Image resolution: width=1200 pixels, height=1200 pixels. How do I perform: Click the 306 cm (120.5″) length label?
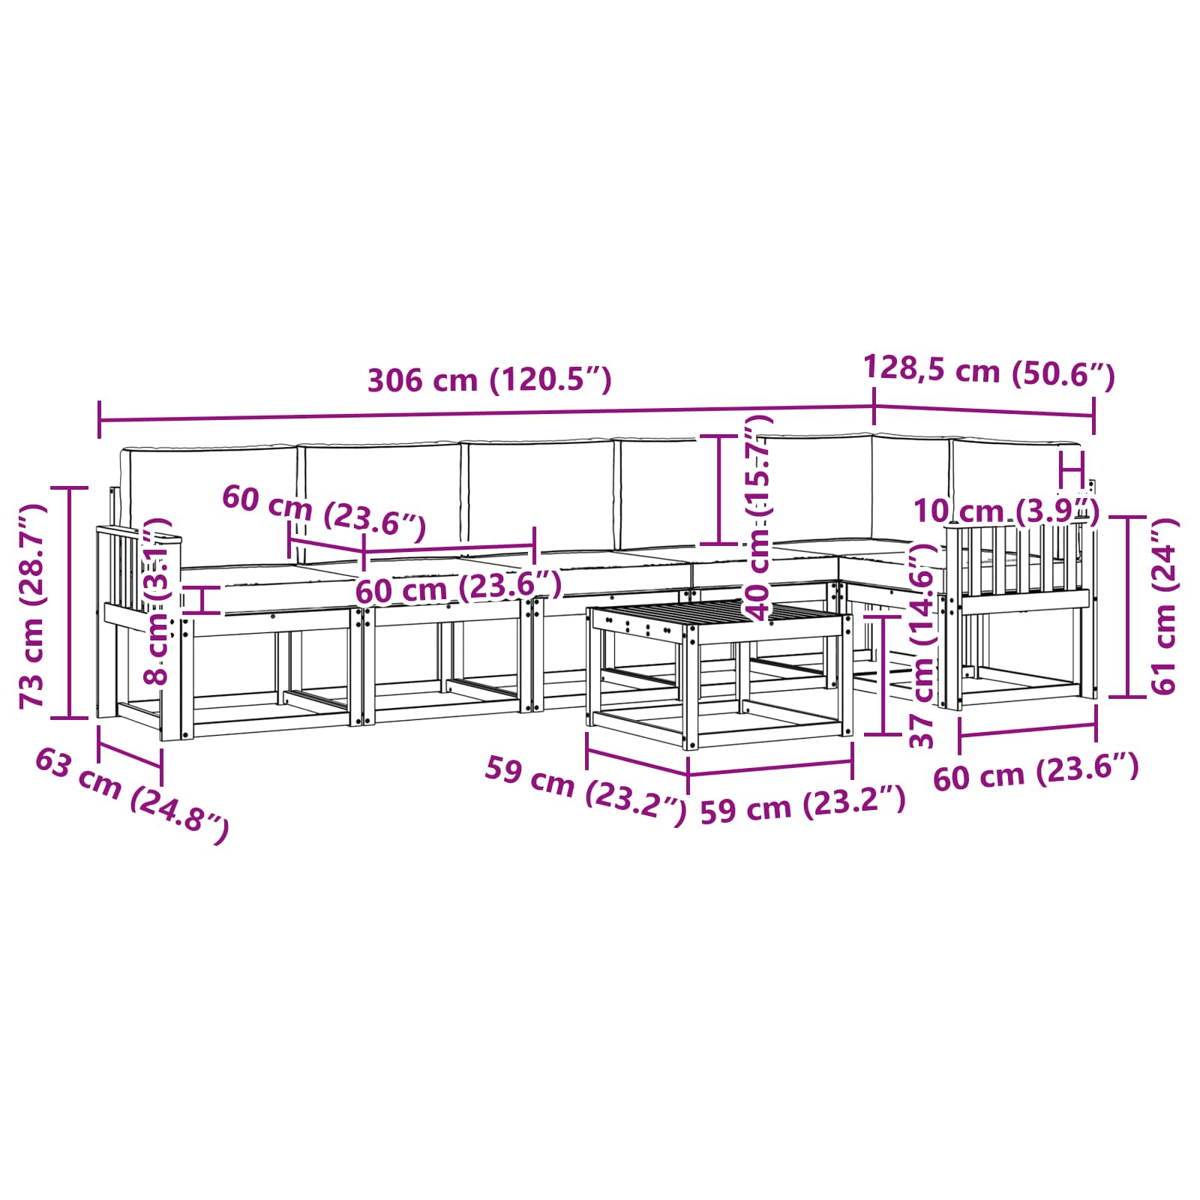489,380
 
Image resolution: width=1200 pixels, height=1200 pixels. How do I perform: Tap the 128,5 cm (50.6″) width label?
989,371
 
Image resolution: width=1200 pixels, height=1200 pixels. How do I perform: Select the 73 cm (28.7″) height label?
33,606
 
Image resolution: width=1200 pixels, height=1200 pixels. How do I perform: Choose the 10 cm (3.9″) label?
1006,511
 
